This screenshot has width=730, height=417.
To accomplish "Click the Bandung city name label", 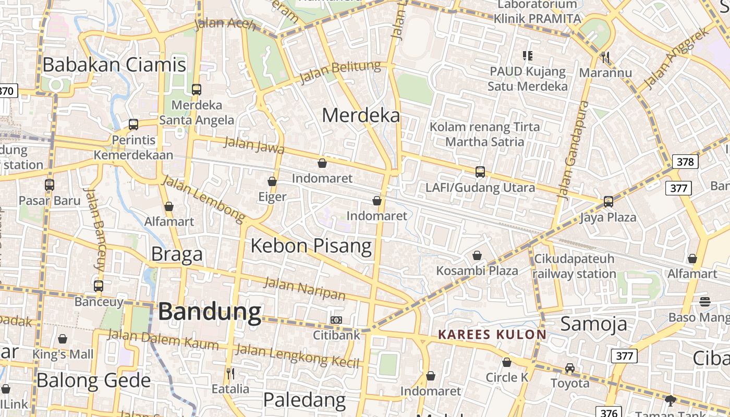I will (210, 312).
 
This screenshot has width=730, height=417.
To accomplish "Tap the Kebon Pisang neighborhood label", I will (311, 246).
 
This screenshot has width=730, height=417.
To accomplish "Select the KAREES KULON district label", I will (492, 335).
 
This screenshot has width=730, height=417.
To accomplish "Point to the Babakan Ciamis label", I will (114, 65).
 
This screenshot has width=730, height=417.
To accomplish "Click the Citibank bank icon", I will (336, 320).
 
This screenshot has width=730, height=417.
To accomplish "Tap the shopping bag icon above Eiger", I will (272, 181).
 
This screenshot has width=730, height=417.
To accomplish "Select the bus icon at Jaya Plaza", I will (608, 202).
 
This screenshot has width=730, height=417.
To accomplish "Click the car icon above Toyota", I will (570, 368).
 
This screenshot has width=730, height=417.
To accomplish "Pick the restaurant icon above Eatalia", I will (230, 373).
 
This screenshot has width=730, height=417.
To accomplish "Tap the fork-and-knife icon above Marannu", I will (605, 57).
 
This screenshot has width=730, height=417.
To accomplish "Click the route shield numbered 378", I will (685, 162).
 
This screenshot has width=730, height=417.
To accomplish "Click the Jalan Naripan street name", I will (305, 289).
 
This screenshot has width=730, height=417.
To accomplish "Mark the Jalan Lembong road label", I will (203, 198).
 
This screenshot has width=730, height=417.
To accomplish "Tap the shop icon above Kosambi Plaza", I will (477, 255).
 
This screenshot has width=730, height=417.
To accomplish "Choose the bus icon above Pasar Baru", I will (50, 185).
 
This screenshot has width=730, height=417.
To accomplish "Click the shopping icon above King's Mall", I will (63, 339).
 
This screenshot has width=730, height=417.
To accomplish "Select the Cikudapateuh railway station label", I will (574, 266).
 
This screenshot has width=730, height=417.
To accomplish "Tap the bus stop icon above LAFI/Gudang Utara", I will (480, 171).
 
